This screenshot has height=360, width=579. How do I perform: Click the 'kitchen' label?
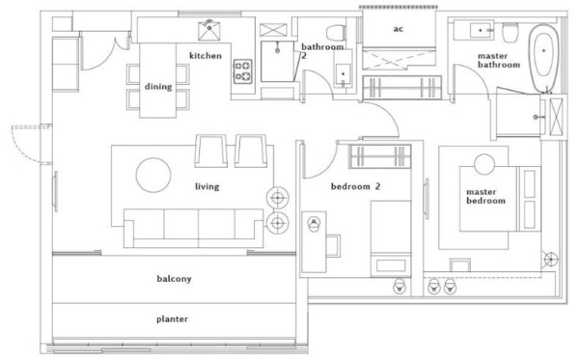206,56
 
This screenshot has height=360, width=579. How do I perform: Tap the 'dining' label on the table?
158,87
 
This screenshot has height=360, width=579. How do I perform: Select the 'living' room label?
207,186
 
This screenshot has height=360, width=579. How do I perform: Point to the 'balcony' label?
174,278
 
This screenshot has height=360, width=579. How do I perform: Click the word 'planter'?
172,318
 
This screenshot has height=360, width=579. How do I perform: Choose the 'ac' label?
398,29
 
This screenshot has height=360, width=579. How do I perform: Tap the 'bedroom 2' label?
355,186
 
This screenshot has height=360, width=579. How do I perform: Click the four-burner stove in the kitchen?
243,70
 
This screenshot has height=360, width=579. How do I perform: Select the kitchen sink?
209,31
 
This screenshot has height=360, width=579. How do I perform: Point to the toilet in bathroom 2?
336,33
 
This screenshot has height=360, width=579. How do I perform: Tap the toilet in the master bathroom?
510,33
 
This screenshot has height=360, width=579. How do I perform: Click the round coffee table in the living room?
153,175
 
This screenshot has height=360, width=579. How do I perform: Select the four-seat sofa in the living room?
194,228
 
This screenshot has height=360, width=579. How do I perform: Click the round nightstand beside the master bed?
484,164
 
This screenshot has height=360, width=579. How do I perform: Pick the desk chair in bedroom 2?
332,245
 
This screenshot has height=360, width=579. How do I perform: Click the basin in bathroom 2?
343,74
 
